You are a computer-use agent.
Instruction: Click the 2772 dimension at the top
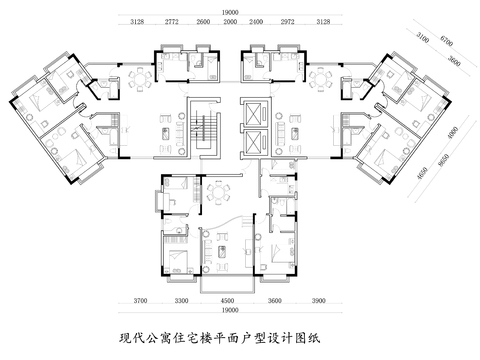point(172,21)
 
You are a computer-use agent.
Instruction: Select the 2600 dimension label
point(203,21)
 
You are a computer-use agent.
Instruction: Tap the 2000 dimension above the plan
point(229,21)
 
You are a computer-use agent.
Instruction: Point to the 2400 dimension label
point(256,21)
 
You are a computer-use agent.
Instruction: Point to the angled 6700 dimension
point(447,44)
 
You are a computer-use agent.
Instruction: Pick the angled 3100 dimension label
point(422,38)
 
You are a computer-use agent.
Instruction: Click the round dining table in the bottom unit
point(217,191)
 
